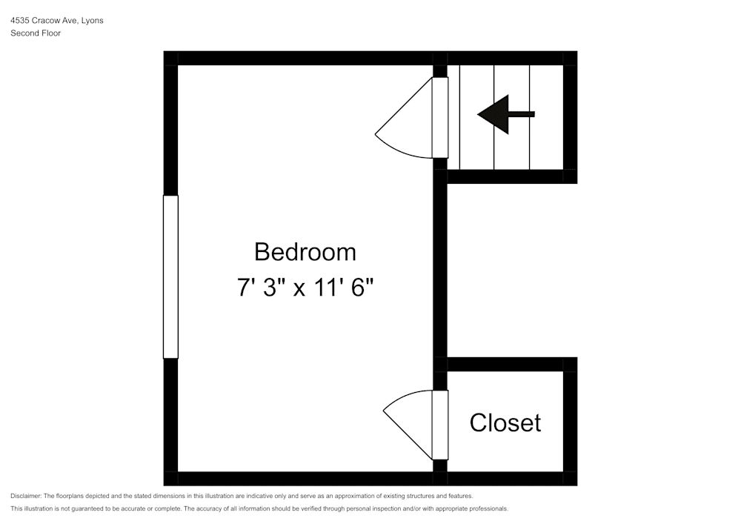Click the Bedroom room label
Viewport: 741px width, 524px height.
click(x=305, y=252)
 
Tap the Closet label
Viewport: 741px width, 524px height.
click(x=505, y=422)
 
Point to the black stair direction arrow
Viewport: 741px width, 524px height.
click(x=505, y=114)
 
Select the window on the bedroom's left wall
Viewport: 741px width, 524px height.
click(x=170, y=276)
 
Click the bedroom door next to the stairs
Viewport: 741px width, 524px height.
click(x=439, y=117)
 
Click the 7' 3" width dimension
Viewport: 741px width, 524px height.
click(x=261, y=288)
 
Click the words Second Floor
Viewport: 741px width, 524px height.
click(x=36, y=33)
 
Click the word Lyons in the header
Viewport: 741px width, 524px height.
click(x=92, y=21)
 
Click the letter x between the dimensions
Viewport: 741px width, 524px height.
click(x=299, y=289)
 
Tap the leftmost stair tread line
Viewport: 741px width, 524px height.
click(x=460, y=117)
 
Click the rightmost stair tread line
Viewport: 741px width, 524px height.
click(x=529, y=117)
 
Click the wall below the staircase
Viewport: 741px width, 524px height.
click(x=511, y=176)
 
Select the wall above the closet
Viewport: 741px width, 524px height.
click(x=511, y=364)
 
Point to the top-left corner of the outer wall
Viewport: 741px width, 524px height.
click(x=170, y=58)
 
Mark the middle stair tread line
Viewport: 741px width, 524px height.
click(x=494, y=117)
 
